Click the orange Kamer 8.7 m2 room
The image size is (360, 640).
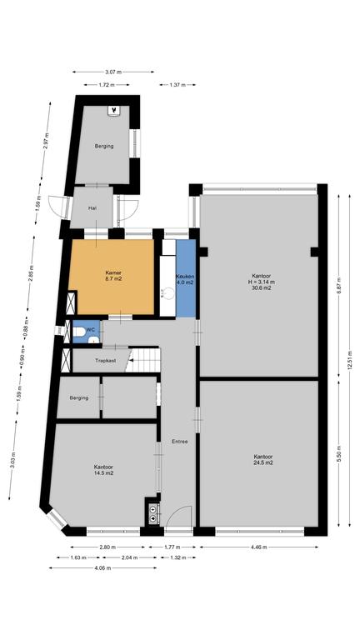point(111,277)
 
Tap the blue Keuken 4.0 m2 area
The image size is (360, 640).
point(186,278)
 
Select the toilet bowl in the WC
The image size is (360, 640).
point(80,332)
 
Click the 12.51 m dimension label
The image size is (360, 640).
point(349,360)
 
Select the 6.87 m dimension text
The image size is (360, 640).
point(338,284)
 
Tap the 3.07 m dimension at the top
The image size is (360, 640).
point(113,72)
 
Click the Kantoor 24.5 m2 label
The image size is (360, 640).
point(262,460)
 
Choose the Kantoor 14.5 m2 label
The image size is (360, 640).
point(103,470)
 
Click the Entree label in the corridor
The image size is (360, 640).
point(180,441)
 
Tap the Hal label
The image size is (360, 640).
point(92,208)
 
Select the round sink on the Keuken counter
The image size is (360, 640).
point(167,292)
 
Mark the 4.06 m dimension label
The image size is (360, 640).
point(102,567)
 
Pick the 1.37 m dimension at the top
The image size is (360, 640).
point(177,85)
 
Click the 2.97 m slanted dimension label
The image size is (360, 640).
point(46,141)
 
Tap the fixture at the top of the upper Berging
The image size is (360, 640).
point(114,111)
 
